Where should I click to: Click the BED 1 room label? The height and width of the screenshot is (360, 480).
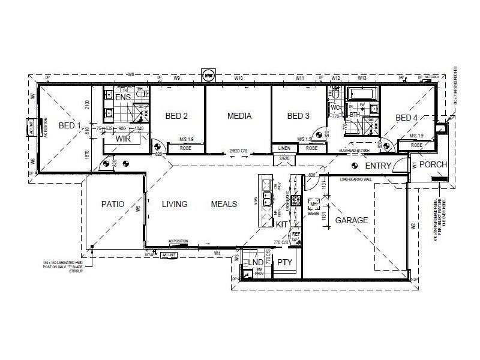click(70, 125)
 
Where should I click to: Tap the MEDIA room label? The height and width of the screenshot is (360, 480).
click(239, 116)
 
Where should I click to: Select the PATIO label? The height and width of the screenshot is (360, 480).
click(112, 204)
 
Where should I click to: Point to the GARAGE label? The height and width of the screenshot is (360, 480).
click(352, 220)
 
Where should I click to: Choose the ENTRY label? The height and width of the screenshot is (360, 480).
click(378, 166)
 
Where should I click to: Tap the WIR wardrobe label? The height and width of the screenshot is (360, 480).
click(124, 139)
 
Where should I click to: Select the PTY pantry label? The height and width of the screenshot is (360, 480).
click(284, 262)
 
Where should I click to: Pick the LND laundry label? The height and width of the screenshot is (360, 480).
click(256, 262)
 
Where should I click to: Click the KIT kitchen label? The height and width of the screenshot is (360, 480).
click(281, 224)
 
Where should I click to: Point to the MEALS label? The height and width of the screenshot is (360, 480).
click(224, 204)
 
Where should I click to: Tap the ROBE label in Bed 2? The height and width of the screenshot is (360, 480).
click(185, 148)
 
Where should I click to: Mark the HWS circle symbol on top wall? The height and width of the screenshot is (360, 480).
click(209, 76)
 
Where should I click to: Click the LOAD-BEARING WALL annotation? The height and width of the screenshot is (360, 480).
click(356, 179)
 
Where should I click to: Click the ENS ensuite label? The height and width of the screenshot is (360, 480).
click(123, 97)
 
